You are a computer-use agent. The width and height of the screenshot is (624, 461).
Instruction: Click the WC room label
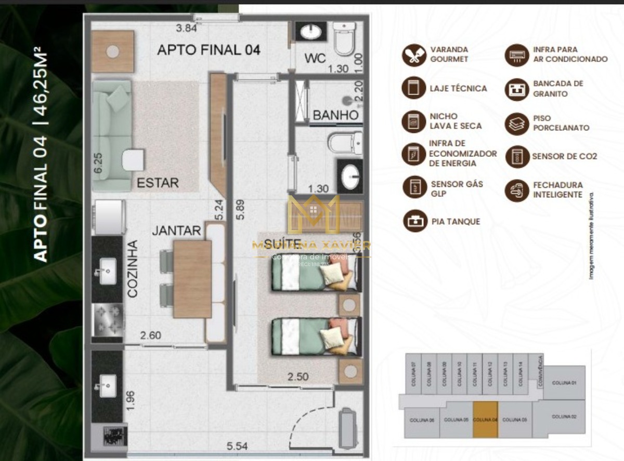click(x=315, y=59)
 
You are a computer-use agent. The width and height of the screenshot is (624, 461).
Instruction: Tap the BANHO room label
click(x=335, y=115)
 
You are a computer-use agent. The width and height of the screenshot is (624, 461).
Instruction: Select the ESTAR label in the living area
click(x=158, y=183)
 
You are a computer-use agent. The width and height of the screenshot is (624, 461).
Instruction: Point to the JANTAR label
click(x=176, y=230)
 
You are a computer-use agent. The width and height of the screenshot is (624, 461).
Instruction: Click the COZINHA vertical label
click(x=133, y=268)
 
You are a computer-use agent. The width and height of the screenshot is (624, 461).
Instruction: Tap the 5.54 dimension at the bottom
click(x=237, y=446)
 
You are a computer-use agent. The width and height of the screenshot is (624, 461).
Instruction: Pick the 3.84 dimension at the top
click(x=187, y=28)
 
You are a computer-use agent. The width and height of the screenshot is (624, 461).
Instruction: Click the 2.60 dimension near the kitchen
click(x=150, y=335)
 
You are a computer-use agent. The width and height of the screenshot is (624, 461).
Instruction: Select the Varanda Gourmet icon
click(x=414, y=55)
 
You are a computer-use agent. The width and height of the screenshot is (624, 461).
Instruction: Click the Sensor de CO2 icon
click(x=517, y=156)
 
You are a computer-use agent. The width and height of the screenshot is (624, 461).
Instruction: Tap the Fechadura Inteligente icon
click(x=517, y=191)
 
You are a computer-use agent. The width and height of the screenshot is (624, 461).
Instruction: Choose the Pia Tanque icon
click(x=414, y=222)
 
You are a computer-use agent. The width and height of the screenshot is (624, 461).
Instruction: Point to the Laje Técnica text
click(x=458, y=89)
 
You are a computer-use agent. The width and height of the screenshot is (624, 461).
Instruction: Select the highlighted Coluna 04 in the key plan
click(x=485, y=419)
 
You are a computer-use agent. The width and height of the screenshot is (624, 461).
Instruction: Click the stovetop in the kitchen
click(x=108, y=321)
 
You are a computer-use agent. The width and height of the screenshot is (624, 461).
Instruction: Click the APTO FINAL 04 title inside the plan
click(x=209, y=50)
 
